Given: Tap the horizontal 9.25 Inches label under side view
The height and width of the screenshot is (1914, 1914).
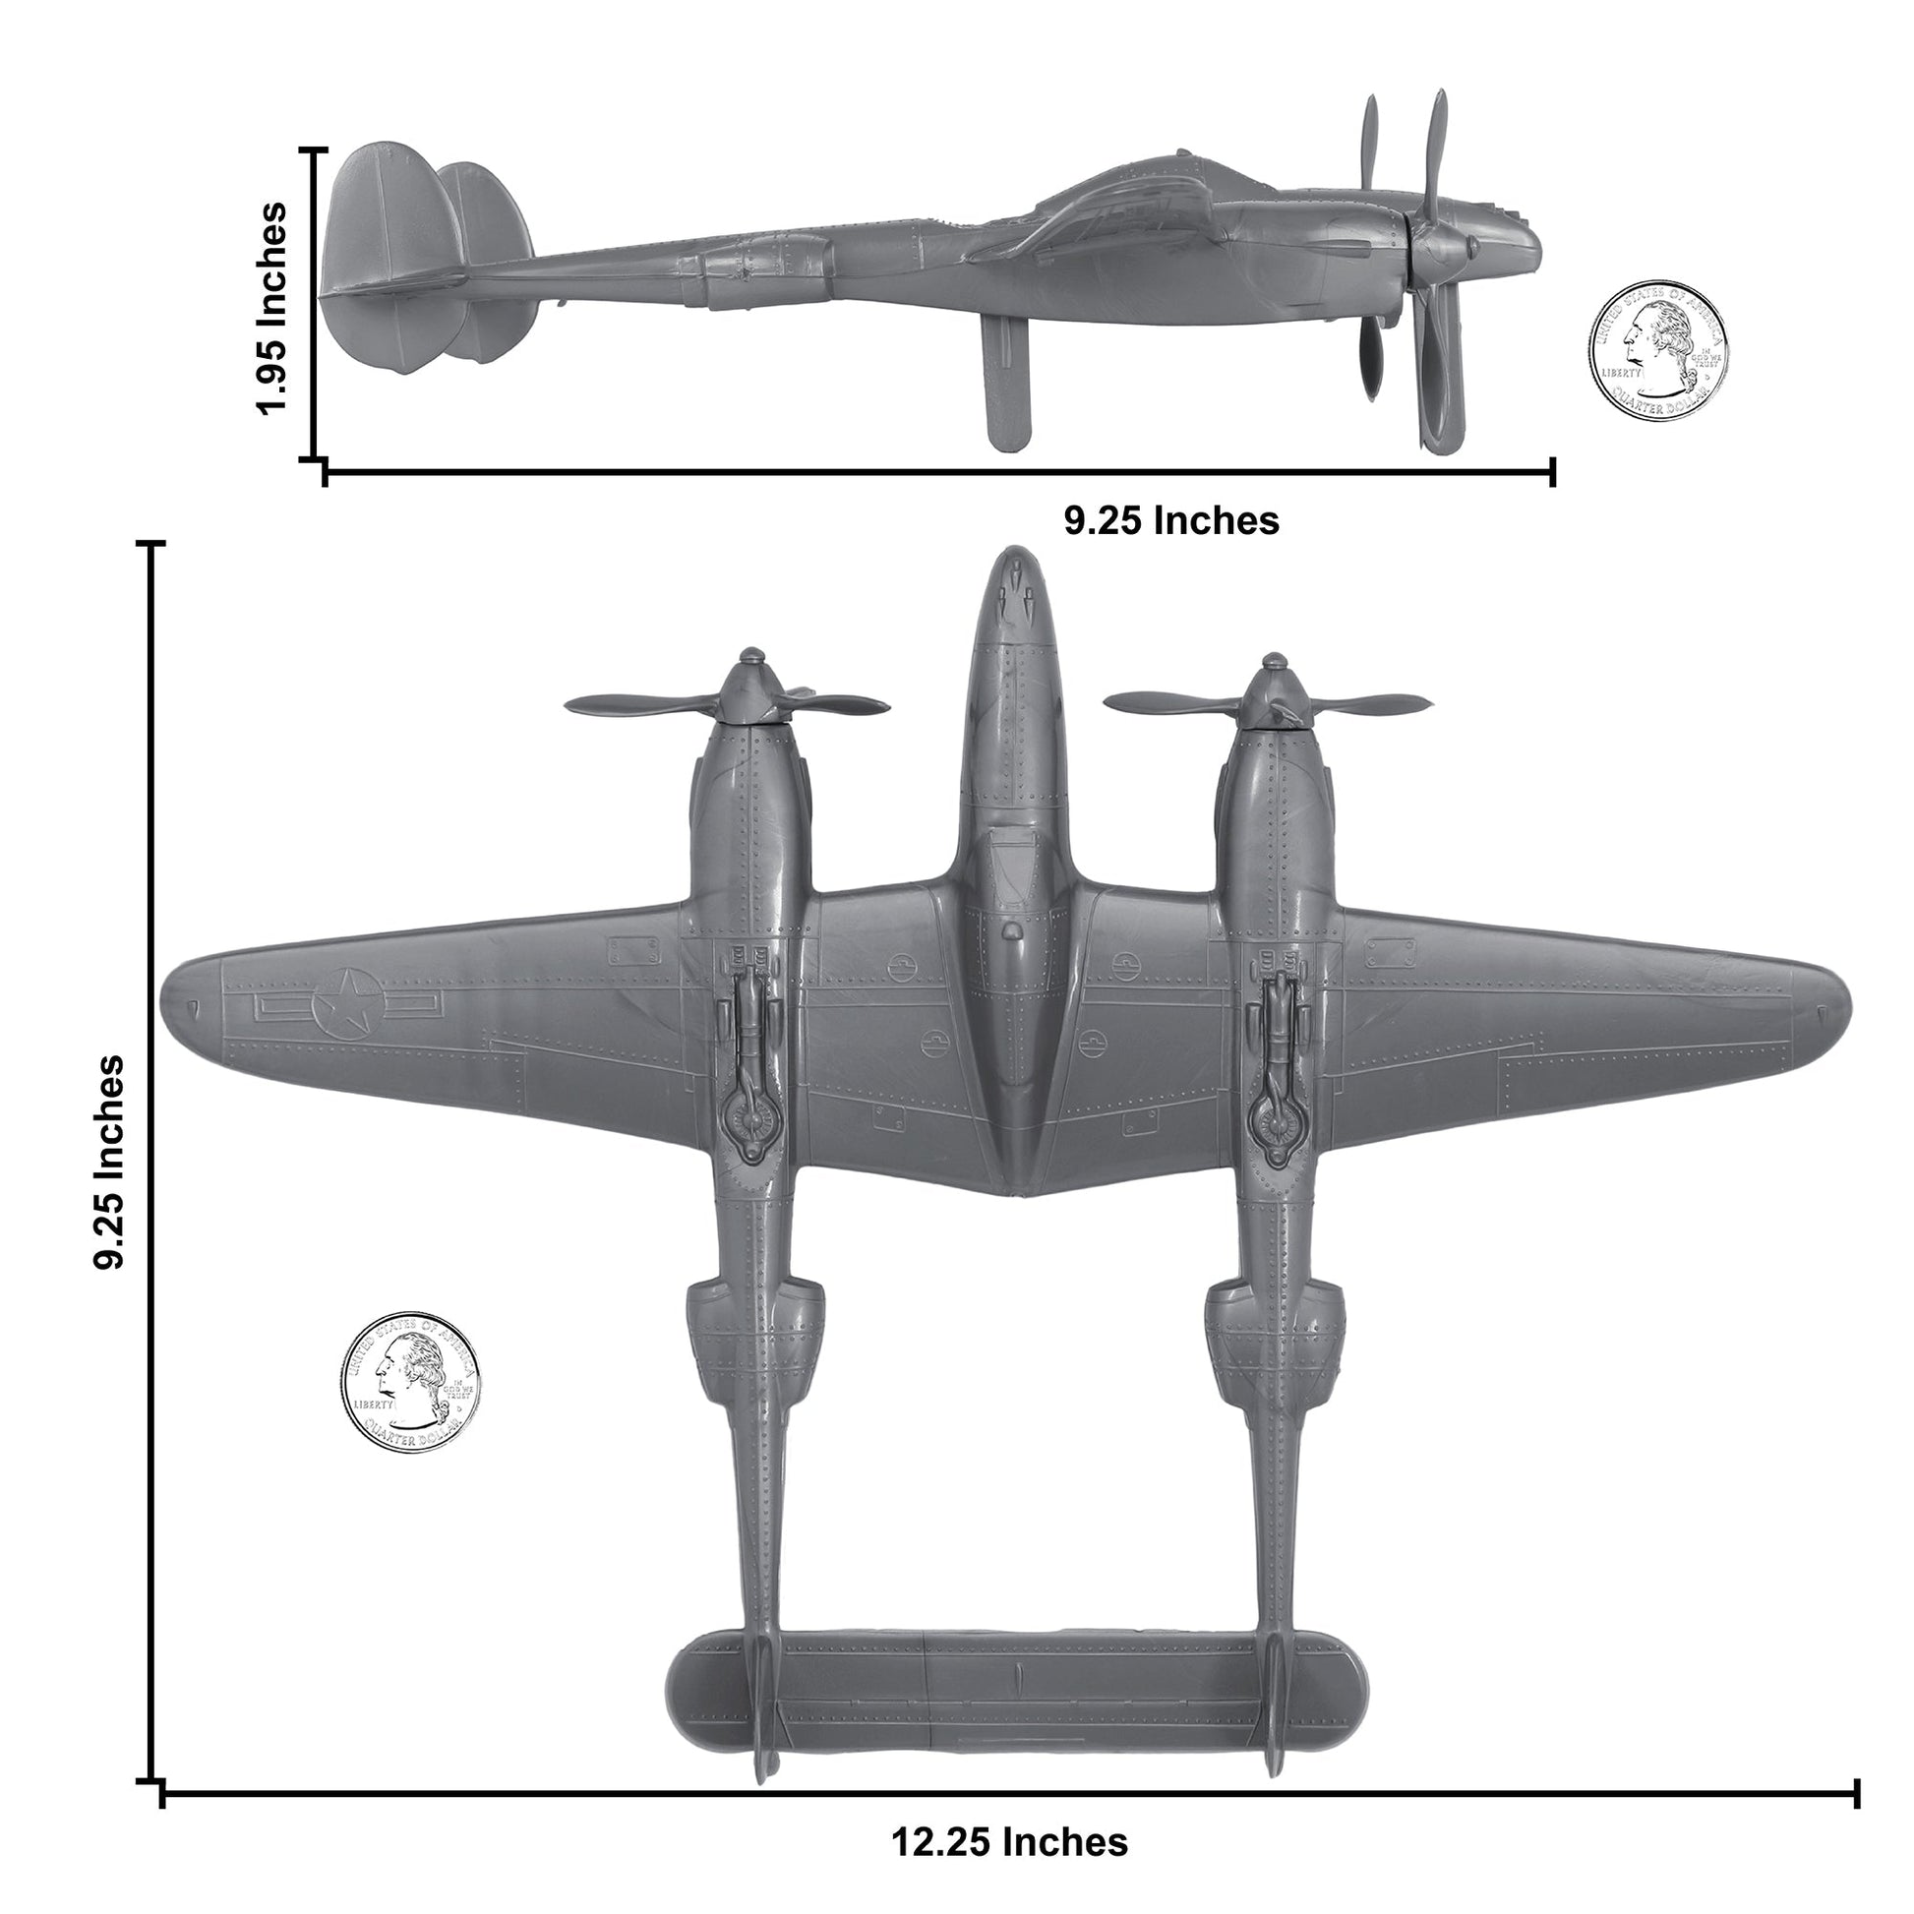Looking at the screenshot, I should click(x=1171, y=520).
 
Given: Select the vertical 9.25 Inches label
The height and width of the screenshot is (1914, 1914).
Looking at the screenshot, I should click(x=110, y=1160).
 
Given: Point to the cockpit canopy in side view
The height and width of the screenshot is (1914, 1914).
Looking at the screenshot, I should click(x=1149, y=178).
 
